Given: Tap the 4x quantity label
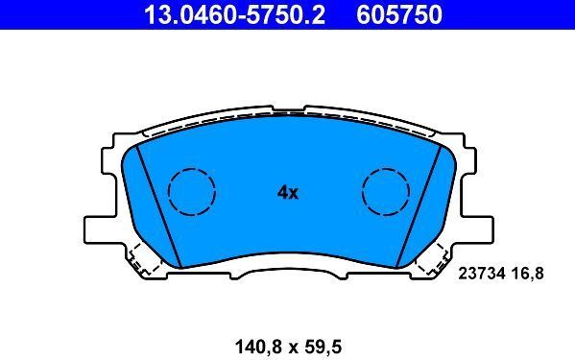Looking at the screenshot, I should [288, 192].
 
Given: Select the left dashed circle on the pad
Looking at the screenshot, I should [192, 191].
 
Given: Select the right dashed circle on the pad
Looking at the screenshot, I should [387, 191].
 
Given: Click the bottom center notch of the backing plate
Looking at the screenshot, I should [289, 273].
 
